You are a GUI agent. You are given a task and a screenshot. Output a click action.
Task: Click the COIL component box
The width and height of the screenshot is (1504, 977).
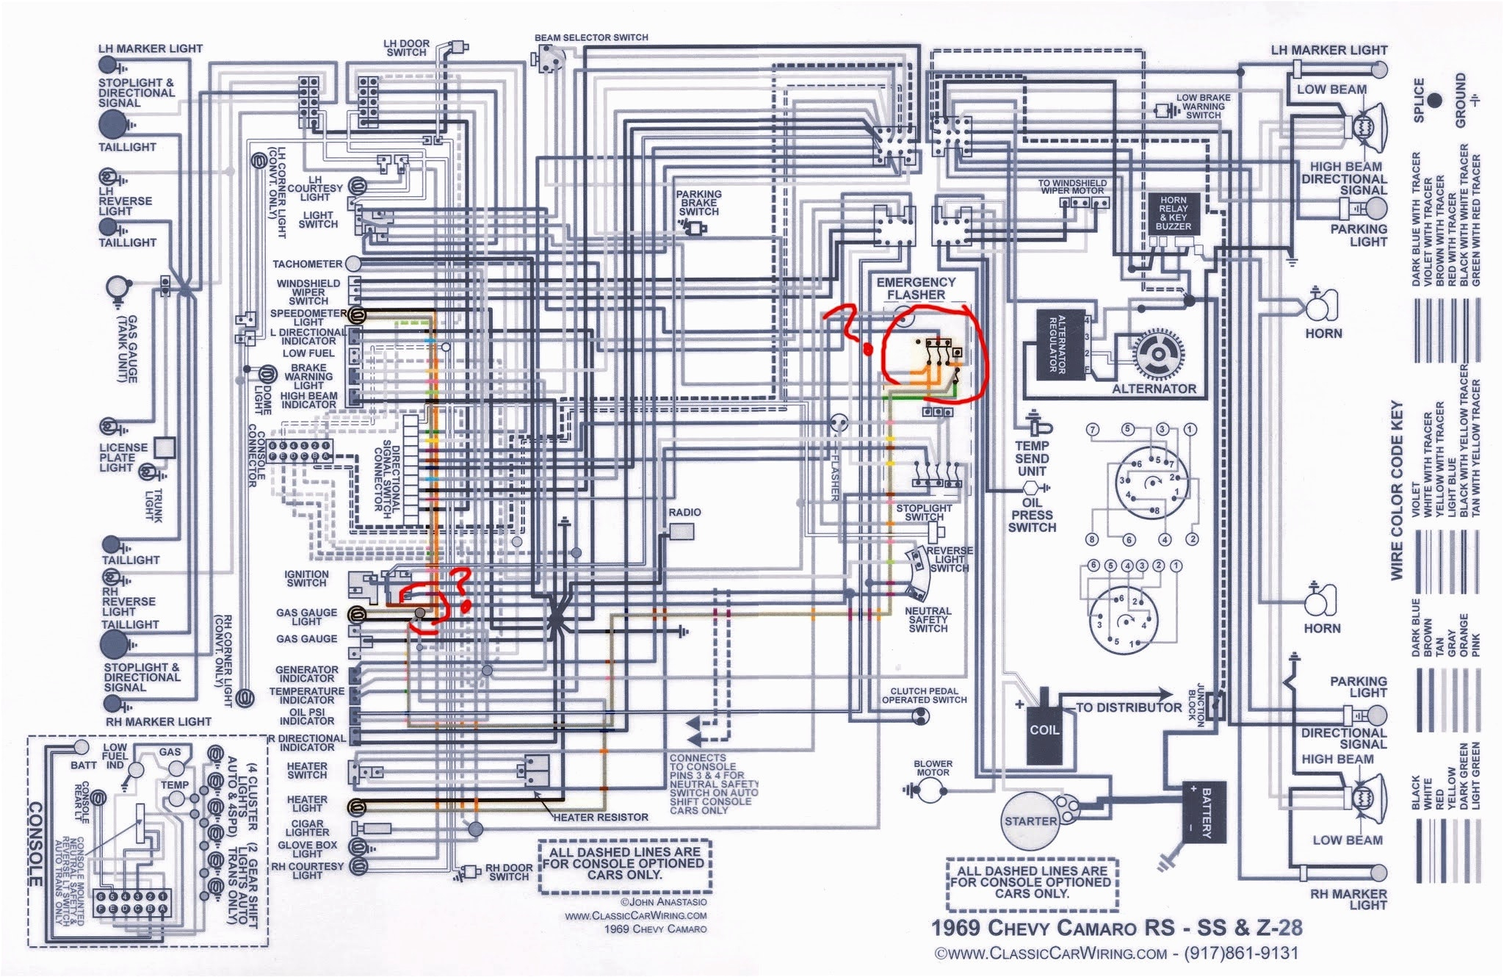1044,730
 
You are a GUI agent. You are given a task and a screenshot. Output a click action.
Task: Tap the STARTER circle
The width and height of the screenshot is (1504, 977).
1030,821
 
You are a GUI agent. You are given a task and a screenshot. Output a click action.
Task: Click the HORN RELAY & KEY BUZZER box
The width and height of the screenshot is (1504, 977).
1173,213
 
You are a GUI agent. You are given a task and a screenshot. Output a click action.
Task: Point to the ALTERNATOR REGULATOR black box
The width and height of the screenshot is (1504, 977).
1060,345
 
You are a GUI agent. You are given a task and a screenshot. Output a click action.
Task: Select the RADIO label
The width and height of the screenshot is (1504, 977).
684,512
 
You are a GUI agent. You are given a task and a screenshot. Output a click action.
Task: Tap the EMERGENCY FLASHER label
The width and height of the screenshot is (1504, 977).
916,288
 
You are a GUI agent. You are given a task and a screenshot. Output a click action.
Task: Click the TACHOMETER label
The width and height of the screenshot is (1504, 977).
308,264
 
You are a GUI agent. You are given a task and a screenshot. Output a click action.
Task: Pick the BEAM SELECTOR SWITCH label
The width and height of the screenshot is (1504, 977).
591,37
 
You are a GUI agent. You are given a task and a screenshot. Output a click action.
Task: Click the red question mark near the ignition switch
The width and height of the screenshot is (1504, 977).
462,588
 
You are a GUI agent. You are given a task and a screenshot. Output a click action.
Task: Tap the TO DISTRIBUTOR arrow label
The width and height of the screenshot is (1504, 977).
1129,707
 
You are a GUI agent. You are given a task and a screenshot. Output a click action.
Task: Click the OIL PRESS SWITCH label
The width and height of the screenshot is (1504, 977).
1032,515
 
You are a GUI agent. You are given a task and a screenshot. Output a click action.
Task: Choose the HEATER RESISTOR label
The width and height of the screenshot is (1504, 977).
601,817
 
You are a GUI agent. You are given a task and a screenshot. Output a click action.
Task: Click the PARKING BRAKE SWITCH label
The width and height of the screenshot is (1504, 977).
698,203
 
